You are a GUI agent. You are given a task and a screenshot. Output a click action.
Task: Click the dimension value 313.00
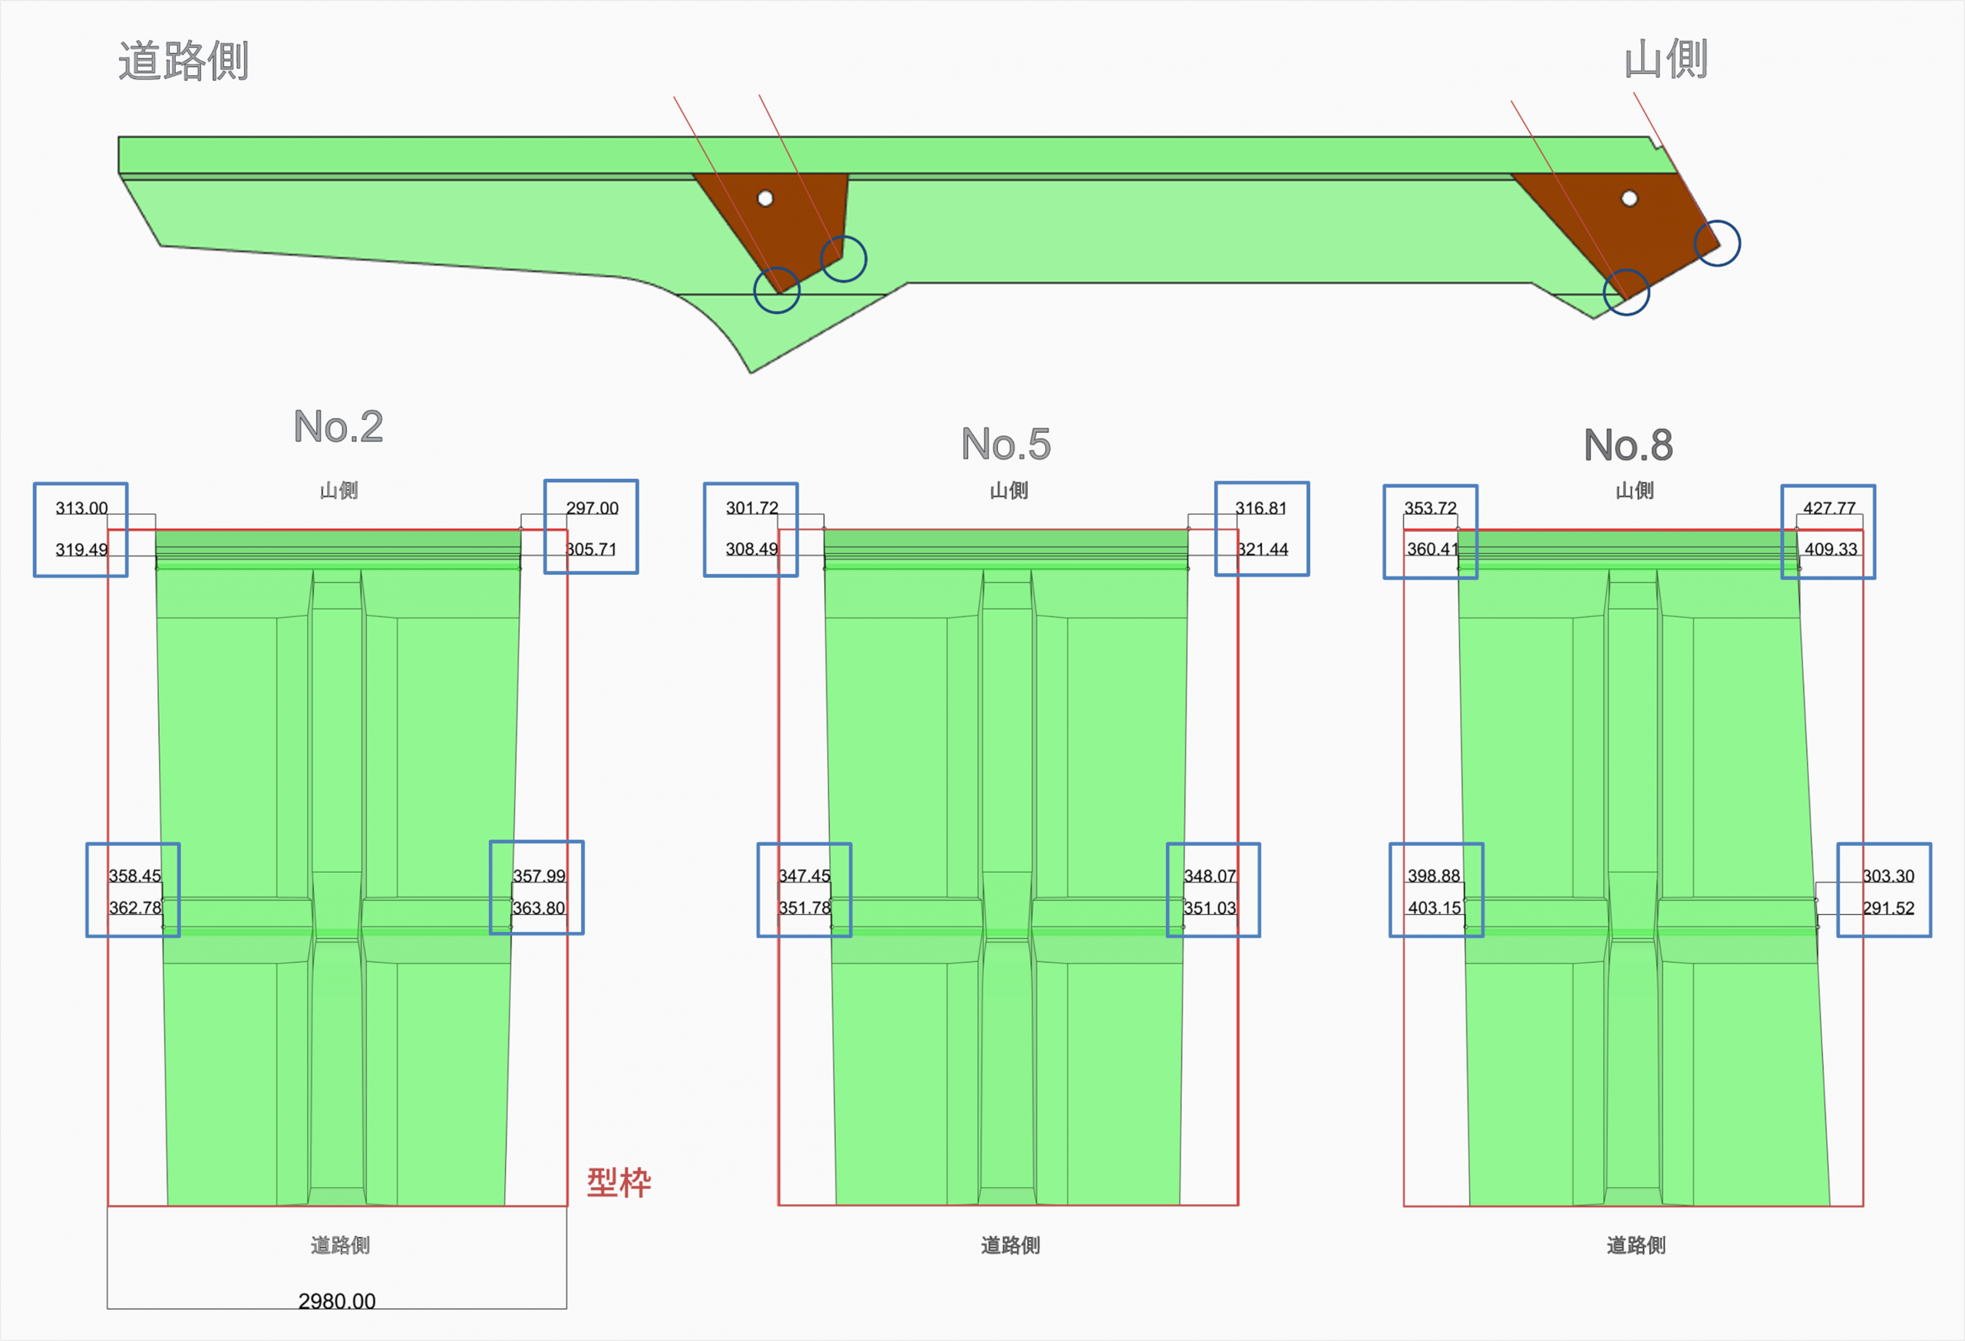pos(81,508)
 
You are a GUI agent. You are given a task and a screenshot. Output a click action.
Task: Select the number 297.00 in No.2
pos(592,508)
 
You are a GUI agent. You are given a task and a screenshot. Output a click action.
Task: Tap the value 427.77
pos(1829,508)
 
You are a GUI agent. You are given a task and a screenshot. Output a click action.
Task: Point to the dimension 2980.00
pos(336,1301)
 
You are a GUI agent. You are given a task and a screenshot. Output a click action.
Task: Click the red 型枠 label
pos(619,1182)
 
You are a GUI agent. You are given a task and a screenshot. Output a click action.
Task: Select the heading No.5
pos(1006,444)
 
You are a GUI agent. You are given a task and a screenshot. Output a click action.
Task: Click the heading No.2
pos(339,426)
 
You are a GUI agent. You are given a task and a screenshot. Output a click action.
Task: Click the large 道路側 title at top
pos(183,61)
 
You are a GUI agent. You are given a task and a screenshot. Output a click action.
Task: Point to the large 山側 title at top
pos(1666,59)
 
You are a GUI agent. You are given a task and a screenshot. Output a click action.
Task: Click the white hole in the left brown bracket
pos(765,199)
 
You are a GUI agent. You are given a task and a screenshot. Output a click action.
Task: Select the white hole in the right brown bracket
pos(1630,199)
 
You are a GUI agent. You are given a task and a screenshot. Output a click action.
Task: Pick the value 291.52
pos(1888,908)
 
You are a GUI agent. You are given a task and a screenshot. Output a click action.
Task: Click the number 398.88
pos(1434,876)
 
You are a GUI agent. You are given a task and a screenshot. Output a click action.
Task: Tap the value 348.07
pos(1209,876)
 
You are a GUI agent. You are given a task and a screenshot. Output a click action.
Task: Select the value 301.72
pos(751,508)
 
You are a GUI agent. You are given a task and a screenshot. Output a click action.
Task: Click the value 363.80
pos(539,908)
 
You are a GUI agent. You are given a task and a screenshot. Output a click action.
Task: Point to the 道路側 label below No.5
pos(1010,1244)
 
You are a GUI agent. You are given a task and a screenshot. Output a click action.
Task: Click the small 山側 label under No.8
pos(1634,490)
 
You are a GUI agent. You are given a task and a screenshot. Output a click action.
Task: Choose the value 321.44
pos(1263,550)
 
